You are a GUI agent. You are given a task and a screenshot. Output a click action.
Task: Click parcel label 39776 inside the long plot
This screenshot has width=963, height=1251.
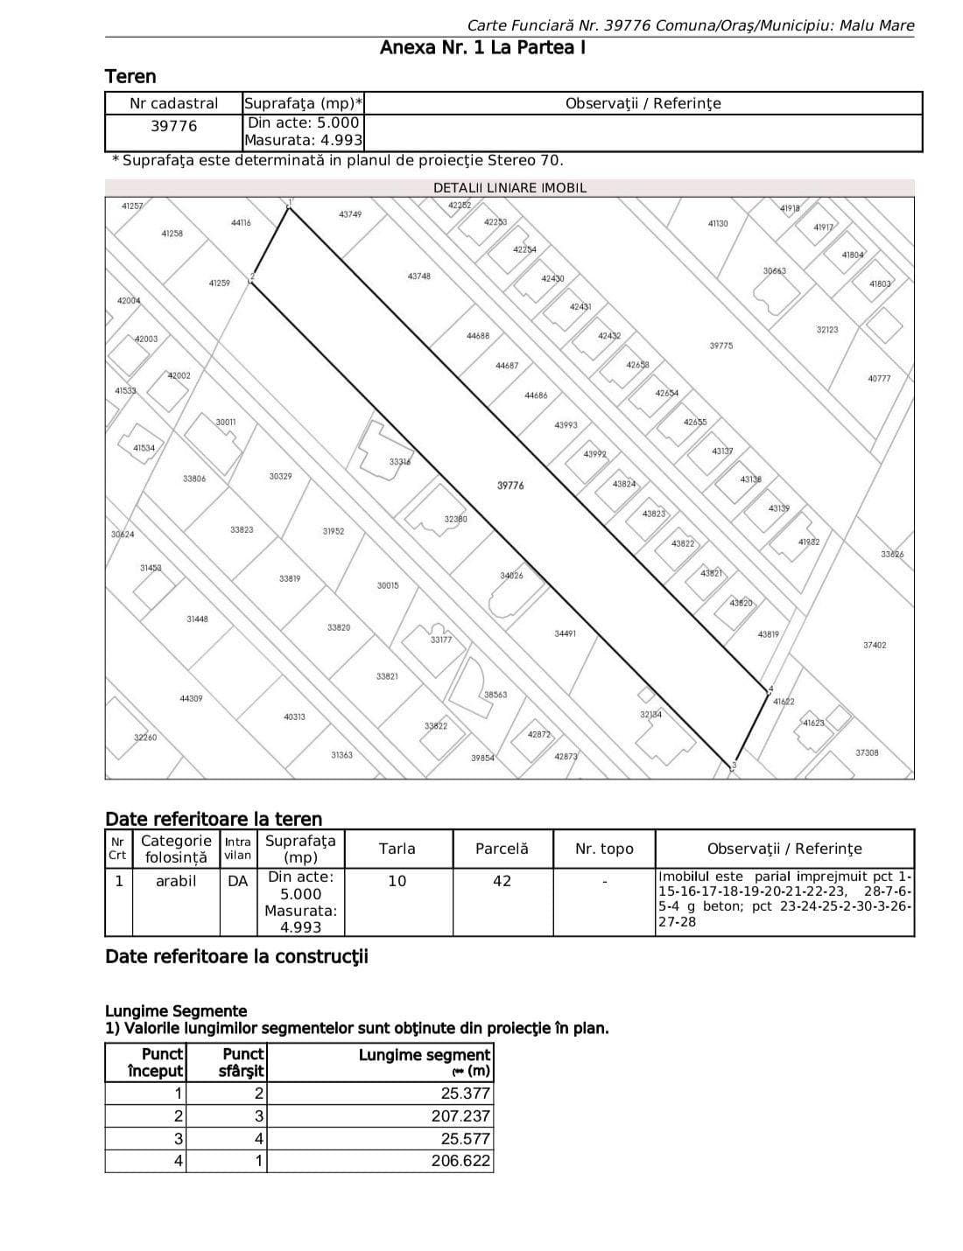[x=510, y=486]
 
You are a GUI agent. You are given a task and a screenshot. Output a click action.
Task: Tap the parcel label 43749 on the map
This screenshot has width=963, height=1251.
[x=350, y=214]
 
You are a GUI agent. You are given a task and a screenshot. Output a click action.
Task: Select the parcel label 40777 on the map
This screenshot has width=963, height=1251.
[x=879, y=379]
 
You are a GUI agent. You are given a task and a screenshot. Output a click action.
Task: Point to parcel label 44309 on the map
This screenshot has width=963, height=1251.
[x=191, y=698]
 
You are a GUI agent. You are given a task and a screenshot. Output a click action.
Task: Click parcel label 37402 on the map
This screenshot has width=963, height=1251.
[x=875, y=646]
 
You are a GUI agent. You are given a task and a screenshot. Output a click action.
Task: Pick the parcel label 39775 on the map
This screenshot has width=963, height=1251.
[x=721, y=346]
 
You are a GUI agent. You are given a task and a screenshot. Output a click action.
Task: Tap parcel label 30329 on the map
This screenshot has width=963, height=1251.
[x=281, y=477]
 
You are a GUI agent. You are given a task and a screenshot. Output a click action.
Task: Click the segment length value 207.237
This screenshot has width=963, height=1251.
[x=460, y=1116]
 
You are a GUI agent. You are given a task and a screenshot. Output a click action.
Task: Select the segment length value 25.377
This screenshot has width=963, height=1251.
[x=466, y=1094]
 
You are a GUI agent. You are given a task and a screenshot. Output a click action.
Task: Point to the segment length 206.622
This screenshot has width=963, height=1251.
[x=460, y=1162]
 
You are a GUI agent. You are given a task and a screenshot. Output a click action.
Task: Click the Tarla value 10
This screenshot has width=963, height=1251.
[x=397, y=881]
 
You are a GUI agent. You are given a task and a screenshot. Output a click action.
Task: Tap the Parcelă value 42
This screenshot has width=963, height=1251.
[x=502, y=881]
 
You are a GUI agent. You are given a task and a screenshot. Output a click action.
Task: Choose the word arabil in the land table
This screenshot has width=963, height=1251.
[x=176, y=881]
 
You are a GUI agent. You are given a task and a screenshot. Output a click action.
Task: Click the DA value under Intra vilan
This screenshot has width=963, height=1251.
[x=237, y=881]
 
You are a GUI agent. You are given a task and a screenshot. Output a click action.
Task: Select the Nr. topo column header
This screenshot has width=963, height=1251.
[x=604, y=849]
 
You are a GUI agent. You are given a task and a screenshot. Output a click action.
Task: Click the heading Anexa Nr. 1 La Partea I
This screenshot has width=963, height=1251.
[x=482, y=47]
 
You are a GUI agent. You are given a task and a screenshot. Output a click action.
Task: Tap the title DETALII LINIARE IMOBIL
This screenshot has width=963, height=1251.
[x=510, y=188]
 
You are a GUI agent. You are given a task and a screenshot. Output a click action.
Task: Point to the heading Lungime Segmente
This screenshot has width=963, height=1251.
[x=176, y=1011]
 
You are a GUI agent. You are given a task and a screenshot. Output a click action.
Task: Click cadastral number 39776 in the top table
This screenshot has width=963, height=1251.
[x=174, y=126]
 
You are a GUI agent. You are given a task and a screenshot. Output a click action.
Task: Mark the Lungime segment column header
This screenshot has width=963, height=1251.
[x=425, y=1062]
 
